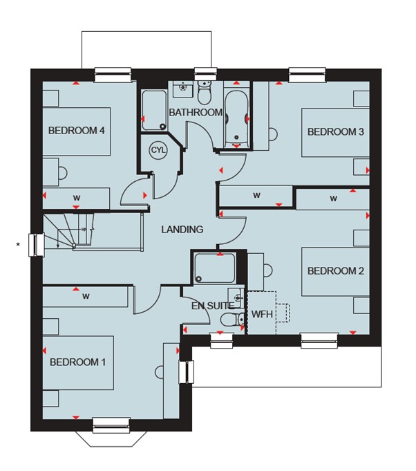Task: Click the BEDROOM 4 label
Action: (77, 131)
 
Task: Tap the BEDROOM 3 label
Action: (336, 131)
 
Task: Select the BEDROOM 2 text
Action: (336, 271)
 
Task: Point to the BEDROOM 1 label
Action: (77, 362)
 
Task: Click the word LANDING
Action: (182, 230)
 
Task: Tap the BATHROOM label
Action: (196, 113)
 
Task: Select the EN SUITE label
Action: (213, 306)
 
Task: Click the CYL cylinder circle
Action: (158, 150)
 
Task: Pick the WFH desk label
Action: (262, 315)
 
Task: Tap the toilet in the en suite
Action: (232, 320)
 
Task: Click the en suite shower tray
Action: (215, 268)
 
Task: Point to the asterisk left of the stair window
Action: (18, 245)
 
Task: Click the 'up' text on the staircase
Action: (84, 229)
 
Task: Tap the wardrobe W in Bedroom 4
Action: (77, 198)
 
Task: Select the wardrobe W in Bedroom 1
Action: (86, 297)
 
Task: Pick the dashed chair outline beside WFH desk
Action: (283, 313)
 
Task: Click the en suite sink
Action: (236, 298)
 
